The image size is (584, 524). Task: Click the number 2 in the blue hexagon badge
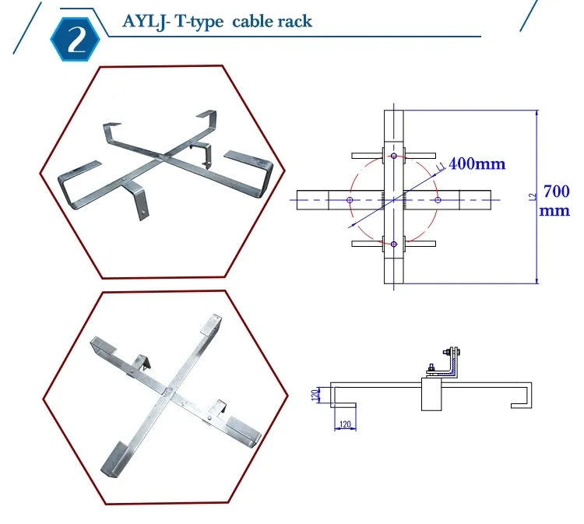coord(78,40)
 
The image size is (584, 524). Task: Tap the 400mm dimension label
coord(477,164)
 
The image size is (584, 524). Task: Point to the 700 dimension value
coord(556,191)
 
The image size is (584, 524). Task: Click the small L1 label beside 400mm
coord(441,165)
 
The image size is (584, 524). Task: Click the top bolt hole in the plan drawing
coord(394,156)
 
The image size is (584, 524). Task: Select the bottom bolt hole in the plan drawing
coord(394,244)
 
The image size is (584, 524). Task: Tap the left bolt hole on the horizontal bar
coord(350,200)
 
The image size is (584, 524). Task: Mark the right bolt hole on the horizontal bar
coord(438,200)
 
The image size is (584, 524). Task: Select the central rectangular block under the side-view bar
coord(431,395)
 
